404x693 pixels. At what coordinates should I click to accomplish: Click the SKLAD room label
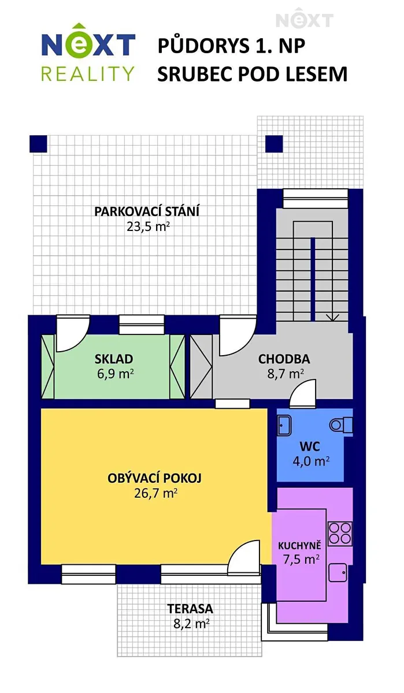click(x=114, y=359)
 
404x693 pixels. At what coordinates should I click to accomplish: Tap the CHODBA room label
click(x=284, y=359)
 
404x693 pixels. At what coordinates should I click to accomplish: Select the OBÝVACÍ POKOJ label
click(x=154, y=478)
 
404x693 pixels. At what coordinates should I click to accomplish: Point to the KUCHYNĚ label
click(x=299, y=545)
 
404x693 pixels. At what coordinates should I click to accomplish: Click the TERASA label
click(x=190, y=609)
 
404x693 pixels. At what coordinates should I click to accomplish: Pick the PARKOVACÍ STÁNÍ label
click(x=146, y=211)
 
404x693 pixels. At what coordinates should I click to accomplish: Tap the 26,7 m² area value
click(x=155, y=493)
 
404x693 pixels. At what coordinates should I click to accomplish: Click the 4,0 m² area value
click(x=311, y=461)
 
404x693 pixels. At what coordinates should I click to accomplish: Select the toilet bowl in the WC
click(x=340, y=425)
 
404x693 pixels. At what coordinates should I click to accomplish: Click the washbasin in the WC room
click(x=284, y=426)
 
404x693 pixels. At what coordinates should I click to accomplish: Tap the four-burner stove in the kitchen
click(x=340, y=534)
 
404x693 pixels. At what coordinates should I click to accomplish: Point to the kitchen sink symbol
click(x=338, y=573)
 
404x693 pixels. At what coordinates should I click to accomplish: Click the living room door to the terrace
click(x=244, y=557)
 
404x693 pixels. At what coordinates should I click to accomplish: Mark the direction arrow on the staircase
click(x=333, y=317)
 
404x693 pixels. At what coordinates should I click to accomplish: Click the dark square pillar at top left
click(x=38, y=144)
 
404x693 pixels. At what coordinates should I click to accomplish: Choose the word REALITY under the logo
click(x=88, y=74)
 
